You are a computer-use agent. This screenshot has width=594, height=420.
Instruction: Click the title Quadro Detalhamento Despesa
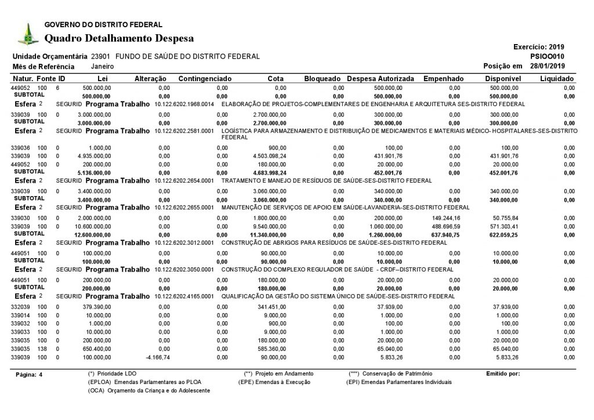119,38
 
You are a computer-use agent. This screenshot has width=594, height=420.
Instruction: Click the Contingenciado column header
205,78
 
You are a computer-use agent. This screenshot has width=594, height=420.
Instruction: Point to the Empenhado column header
444,78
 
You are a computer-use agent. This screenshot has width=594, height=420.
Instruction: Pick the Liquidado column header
557,78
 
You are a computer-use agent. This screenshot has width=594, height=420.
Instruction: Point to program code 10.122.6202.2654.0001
184,180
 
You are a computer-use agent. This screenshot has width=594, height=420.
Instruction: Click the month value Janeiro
102,66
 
